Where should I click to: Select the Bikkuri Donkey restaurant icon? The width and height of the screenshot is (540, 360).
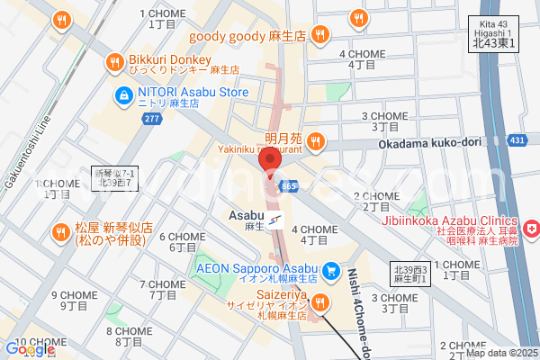113,62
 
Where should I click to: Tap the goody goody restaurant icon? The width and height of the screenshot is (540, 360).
319,35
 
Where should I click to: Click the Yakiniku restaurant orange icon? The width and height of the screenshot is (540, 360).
315,140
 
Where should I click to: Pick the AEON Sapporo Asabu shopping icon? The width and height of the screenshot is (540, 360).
331,269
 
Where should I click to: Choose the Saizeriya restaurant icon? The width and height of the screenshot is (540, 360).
317,301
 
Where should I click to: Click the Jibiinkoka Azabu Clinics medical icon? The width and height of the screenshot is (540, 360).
532,231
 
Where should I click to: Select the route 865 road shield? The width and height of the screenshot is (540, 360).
289,184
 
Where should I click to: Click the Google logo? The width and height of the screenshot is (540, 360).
30,349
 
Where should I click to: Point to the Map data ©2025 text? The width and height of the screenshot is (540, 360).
500,352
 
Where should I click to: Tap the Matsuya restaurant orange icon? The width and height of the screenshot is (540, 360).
60,230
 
